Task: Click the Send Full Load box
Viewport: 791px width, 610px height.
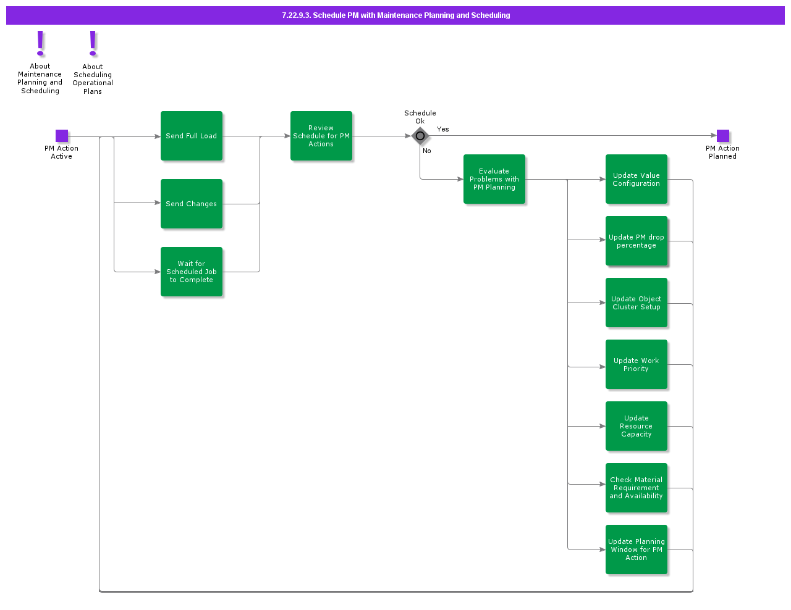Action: [x=192, y=136]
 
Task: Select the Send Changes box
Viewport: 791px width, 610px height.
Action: [x=192, y=204]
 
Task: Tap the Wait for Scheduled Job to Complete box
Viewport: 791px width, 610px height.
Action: [x=192, y=272]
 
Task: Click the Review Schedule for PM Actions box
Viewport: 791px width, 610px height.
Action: [x=321, y=136]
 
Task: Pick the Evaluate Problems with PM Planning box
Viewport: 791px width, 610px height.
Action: [x=494, y=179]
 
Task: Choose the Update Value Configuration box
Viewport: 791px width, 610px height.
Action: [x=637, y=179]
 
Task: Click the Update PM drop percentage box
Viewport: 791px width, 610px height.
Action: [x=637, y=241]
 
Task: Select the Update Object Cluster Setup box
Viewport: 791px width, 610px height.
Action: [x=637, y=303]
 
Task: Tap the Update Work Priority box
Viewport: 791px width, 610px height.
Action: [x=637, y=364]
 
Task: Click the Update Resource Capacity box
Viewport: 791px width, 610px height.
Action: [x=637, y=426]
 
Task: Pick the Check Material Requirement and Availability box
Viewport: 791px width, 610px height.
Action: [x=637, y=488]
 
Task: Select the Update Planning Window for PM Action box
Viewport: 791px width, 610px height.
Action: [x=637, y=549]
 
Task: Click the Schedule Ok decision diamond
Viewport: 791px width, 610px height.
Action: [x=420, y=136]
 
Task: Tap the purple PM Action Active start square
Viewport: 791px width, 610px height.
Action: [x=62, y=136]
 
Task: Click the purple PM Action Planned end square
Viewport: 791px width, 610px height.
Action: [x=723, y=136]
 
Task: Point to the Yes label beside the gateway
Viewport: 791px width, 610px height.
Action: [x=443, y=129]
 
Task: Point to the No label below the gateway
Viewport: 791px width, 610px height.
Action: [x=427, y=151]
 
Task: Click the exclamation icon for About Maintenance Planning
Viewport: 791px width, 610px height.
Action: [x=41, y=44]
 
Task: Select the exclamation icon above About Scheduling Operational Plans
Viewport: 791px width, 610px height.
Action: [x=93, y=44]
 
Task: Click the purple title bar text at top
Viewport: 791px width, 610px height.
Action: [x=395, y=15]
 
